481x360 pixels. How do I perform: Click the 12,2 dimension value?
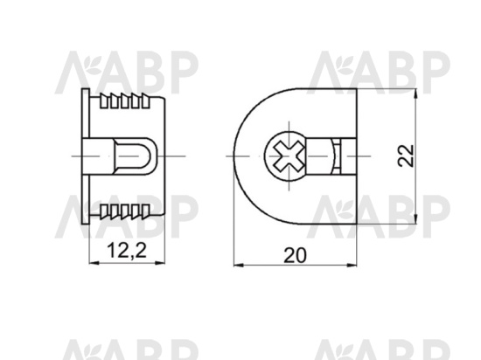coord(127,250)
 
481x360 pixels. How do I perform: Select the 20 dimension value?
coord(295,255)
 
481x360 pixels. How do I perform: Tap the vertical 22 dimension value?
coord(406,156)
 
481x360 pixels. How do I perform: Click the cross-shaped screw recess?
coord(289,156)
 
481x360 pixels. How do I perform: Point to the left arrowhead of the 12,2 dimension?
coord(94,263)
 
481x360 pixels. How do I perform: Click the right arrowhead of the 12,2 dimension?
coord(160,263)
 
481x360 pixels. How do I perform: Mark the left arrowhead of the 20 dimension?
coord(239,265)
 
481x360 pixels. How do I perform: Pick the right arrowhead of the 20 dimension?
coord(352,265)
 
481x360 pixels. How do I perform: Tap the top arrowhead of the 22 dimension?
coord(415,93)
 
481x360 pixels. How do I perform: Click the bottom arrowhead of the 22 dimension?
coord(415,218)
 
